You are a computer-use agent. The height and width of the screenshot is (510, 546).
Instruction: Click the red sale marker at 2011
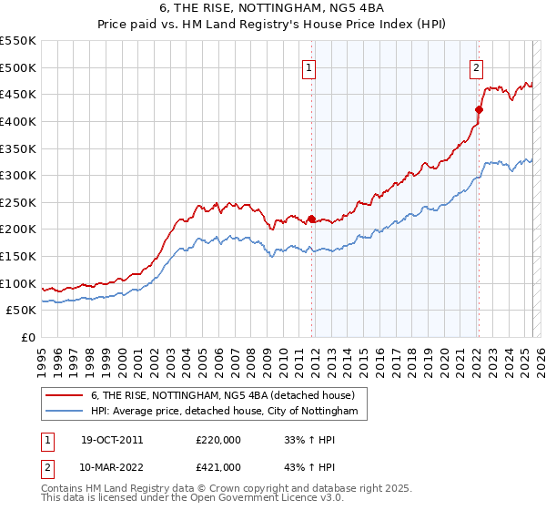[311, 219]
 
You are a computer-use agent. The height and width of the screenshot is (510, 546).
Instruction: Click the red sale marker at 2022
[479, 110]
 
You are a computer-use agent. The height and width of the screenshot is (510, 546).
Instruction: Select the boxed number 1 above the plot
[309, 66]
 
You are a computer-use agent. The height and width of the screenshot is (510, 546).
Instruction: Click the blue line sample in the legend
[66, 412]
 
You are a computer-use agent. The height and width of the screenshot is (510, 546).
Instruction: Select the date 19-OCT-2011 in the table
[112, 440]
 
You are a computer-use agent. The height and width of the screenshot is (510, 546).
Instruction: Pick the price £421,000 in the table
[218, 466]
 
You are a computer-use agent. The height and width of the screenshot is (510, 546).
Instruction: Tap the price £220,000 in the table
[218, 440]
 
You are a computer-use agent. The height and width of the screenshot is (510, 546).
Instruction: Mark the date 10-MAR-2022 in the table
[113, 466]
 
